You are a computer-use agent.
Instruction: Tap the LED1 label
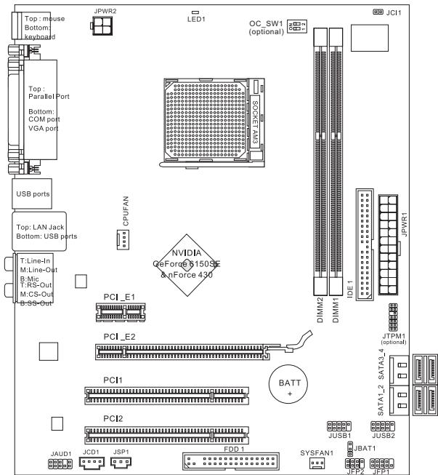[x=195, y=20]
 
